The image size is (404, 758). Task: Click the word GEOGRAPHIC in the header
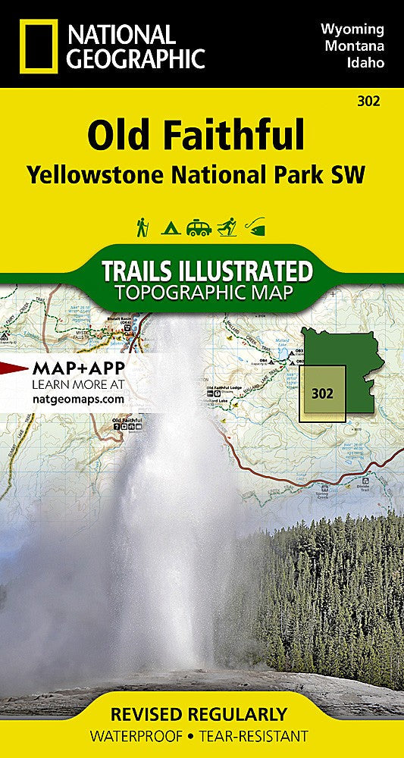136,58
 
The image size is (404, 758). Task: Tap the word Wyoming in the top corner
352,30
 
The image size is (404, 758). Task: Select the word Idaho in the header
365,62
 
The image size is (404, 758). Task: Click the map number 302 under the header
371,99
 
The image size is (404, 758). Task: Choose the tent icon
169,227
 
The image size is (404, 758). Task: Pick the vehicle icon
199,227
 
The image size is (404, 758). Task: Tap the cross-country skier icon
227,227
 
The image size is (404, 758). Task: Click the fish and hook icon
256,227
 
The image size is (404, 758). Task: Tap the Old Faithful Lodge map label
225,390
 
